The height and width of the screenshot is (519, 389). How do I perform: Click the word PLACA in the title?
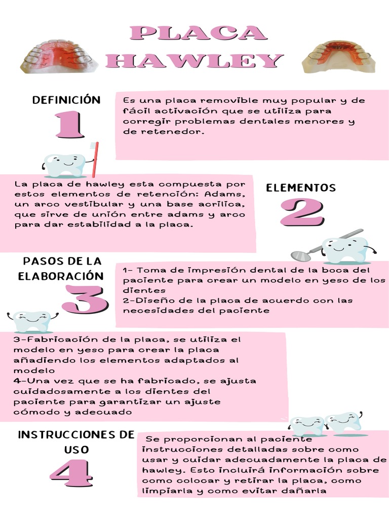[x=198, y=33]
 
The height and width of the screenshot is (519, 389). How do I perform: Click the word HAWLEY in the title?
[x=194, y=60]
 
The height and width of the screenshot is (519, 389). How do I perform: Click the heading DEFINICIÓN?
[x=66, y=100]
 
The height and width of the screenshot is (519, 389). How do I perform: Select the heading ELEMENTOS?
[x=301, y=188]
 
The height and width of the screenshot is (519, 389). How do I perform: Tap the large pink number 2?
[x=301, y=212]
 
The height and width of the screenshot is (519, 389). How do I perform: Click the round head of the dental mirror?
[x=298, y=254]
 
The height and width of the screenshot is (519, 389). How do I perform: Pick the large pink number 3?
[x=85, y=300]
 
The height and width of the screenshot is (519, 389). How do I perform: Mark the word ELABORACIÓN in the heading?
[x=61, y=276]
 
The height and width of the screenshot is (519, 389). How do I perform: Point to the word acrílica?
[x=219, y=204]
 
